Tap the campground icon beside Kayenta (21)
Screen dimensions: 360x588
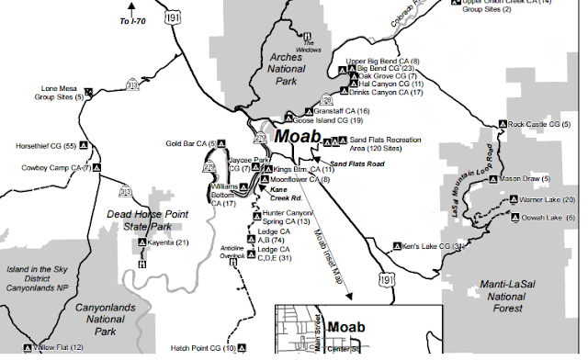click(x=142, y=242)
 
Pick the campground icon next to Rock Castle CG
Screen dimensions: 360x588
click(x=502, y=124)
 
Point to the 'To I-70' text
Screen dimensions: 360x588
click(x=140, y=18)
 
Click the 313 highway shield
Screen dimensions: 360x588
click(x=134, y=85)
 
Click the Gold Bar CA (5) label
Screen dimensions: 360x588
click(x=189, y=143)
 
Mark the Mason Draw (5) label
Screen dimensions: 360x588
click(x=537, y=178)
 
